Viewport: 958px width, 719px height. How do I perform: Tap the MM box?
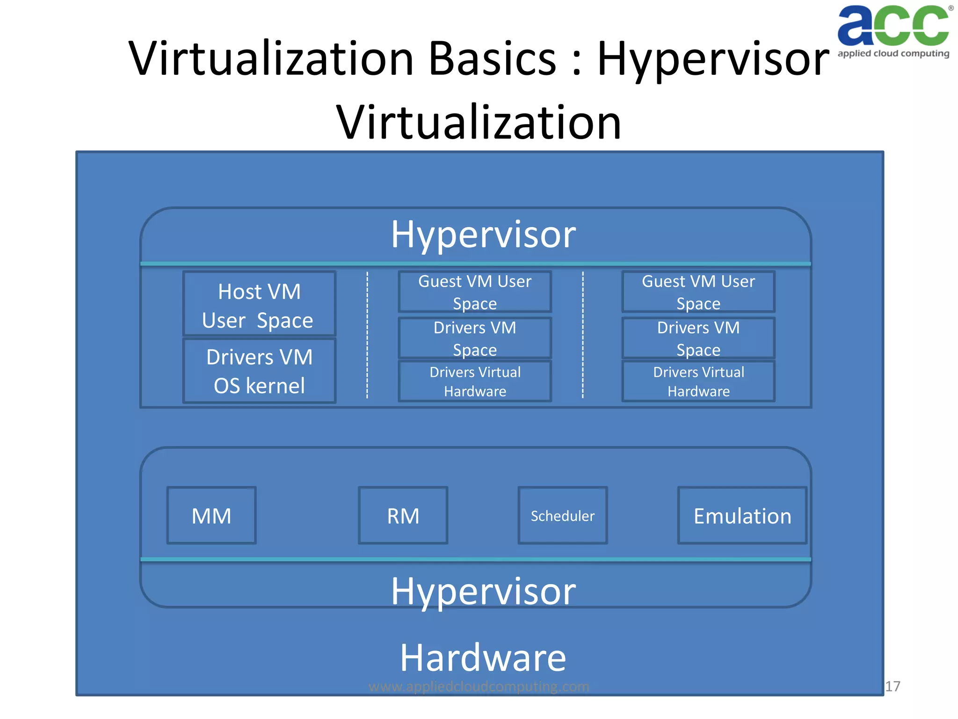point(211,515)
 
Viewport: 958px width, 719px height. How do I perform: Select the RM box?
point(403,515)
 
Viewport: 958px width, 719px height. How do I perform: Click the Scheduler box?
point(562,515)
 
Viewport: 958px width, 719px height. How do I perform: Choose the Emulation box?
point(742,515)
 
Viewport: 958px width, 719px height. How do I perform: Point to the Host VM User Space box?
point(259,305)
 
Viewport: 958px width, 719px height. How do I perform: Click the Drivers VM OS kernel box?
point(259,371)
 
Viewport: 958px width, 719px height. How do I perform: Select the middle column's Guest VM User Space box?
point(475,292)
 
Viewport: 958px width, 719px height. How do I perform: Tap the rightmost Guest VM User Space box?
point(698,292)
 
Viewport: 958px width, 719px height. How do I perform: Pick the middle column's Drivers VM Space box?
point(475,338)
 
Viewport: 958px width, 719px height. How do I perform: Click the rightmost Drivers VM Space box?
point(698,338)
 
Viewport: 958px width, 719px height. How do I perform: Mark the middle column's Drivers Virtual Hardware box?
point(475,381)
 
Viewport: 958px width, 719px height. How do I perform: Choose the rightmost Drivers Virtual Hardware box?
point(698,381)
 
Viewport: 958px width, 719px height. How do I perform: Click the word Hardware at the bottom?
point(483,658)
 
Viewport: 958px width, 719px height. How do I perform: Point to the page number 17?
point(893,686)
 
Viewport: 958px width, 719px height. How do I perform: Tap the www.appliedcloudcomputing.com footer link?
point(479,686)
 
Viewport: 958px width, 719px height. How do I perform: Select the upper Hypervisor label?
point(483,234)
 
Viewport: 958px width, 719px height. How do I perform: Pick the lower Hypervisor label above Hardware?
point(483,591)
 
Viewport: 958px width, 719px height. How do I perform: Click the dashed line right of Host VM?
point(367,335)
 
